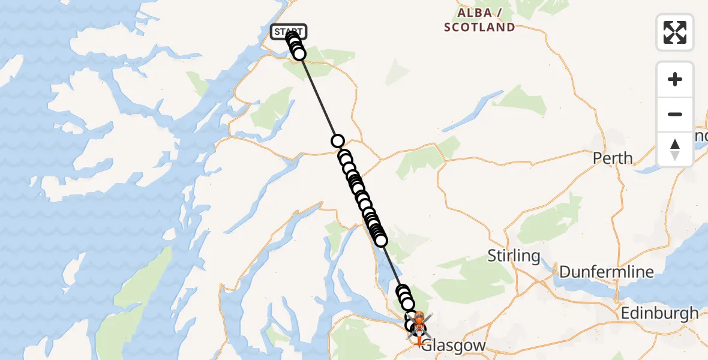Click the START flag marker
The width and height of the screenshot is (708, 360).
click(289, 32)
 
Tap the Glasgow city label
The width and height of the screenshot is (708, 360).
click(454, 346)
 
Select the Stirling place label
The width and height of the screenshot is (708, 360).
click(514, 256)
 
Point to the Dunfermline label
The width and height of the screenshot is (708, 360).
click(607, 272)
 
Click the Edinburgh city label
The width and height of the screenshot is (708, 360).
click(659, 313)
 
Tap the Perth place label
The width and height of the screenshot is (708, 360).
click(613, 158)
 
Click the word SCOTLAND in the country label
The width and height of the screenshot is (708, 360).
click(479, 27)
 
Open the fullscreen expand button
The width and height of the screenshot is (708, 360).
click(675, 32)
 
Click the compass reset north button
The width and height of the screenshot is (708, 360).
click(675, 149)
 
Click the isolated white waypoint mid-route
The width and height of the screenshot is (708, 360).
click(338, 141)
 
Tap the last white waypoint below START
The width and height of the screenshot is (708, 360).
click(299, 55)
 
